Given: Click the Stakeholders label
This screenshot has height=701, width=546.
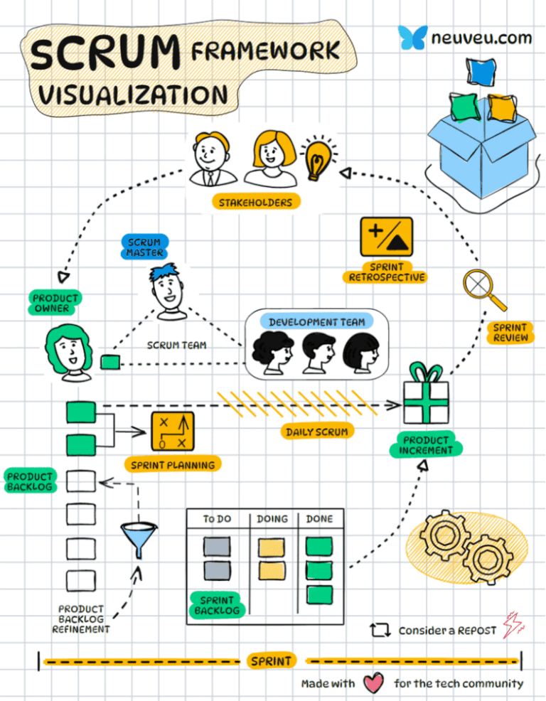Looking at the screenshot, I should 255,203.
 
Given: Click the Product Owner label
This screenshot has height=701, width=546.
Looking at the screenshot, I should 55,302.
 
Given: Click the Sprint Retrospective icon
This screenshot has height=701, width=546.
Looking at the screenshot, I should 386,237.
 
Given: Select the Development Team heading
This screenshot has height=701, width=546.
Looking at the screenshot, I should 316,322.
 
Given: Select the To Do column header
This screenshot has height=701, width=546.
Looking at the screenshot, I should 217,519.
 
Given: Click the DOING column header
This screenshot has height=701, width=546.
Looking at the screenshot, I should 272,519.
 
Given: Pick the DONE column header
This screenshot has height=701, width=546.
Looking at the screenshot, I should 319,519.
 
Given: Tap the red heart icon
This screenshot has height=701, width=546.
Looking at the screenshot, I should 373,684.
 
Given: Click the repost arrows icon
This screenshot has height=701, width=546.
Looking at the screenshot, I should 380,630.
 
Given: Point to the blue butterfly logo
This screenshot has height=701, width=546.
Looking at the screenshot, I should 412,37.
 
